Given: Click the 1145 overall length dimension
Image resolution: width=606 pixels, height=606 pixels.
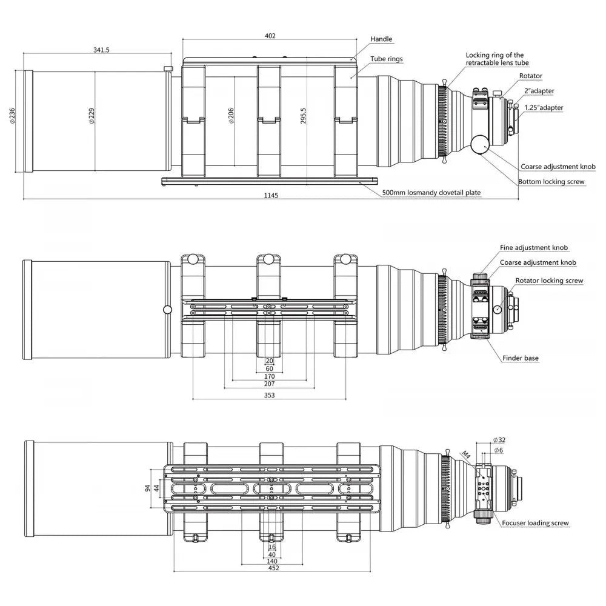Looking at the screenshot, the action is (x=271, y=196).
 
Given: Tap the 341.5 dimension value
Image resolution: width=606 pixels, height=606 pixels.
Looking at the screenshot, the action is (x=101, y=50).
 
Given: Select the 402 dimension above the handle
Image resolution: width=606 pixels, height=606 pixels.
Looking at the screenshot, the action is (x=270, y=36).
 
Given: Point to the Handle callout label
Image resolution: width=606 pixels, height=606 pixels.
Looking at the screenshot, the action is (x=381, y=39).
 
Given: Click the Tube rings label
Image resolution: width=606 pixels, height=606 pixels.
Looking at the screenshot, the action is (x=387, y=59).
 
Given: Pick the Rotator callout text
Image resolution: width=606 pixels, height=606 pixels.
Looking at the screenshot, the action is (x=531, y=76).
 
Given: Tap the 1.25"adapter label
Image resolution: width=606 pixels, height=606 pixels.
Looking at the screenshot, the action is (x=544, y=108).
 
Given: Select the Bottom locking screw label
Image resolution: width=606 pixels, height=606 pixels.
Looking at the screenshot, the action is (x=551, y=182).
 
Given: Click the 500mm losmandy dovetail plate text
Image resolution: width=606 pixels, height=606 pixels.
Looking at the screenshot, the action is (x=431, y=193).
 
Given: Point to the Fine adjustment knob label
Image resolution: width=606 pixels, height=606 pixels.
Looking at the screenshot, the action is (x=534, y=247).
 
